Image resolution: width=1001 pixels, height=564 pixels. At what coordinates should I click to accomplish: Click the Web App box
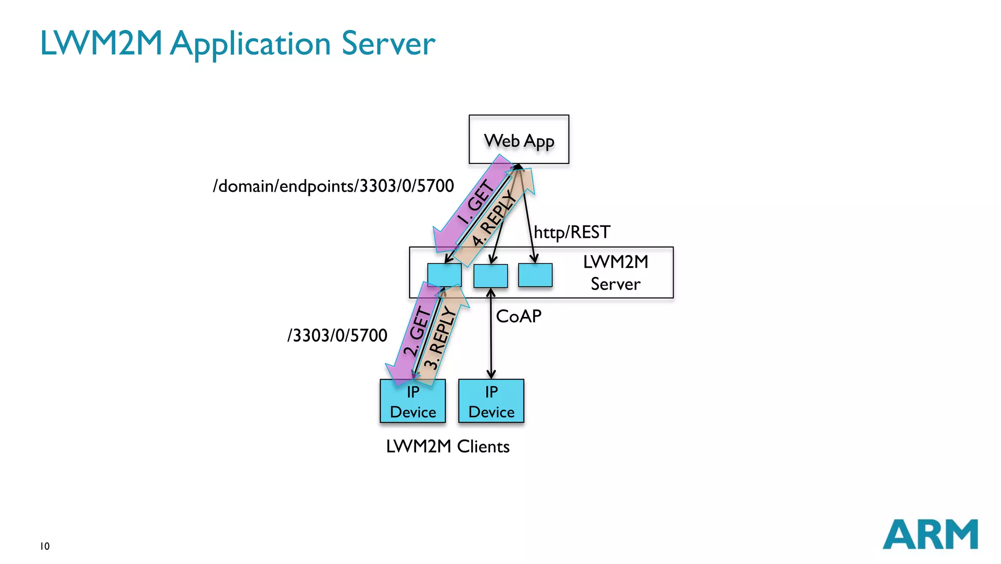coord(519,139)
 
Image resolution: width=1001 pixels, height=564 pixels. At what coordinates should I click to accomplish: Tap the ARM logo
coord(930,534)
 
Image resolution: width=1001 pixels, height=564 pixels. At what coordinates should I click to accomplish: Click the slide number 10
coord(45,546)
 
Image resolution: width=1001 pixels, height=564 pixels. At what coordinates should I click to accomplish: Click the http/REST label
coord(572,232)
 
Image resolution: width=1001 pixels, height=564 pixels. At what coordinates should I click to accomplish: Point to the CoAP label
coord(519,316)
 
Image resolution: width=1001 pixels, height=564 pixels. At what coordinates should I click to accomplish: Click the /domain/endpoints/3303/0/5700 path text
coord(333,186)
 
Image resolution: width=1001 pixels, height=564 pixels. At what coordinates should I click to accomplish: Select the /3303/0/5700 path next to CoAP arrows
coord(337,335)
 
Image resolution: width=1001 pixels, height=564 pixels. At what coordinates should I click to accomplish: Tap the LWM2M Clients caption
coord(447,446)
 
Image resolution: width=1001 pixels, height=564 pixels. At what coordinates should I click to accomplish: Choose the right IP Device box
coord(491,401)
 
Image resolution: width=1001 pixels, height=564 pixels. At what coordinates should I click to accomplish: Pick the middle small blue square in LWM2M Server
coord(490,276)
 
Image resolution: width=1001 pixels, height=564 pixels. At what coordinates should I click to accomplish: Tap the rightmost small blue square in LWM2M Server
coord(535,275)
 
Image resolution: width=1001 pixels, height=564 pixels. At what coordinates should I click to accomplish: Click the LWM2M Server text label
coord(615,272)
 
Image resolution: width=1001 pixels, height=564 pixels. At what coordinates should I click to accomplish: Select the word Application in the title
coord(250,44)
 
